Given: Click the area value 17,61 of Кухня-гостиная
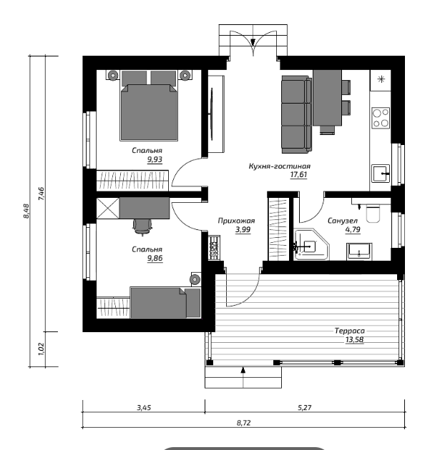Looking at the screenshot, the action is tap(298, 174).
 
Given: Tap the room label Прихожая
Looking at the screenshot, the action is tap(236, 221).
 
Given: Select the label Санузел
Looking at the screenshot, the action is tap(343, 221).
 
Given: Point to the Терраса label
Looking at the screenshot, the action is tap(350, 331).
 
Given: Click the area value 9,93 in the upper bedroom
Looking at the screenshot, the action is tap(155, 159).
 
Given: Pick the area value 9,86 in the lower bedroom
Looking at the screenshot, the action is tap(155, 259).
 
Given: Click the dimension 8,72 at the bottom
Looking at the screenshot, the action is tap(244, 423).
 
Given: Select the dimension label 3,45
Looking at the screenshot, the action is tap(144, 408).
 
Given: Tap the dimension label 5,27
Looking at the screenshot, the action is tap(305, 408).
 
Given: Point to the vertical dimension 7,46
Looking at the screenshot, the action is tap(41, 194).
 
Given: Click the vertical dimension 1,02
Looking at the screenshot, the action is tap(41, 349).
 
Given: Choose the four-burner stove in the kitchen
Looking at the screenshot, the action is tap(381, 117).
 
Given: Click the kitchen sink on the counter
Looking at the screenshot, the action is tap(381, 174).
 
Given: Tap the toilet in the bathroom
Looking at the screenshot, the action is tap(373, 214).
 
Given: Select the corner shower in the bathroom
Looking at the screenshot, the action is tap(311, 244).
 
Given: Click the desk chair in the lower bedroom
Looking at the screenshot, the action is tap(142, 226).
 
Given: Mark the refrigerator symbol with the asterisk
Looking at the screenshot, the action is tap(381, 80).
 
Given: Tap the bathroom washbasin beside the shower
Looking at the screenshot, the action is tap(359, 251).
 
